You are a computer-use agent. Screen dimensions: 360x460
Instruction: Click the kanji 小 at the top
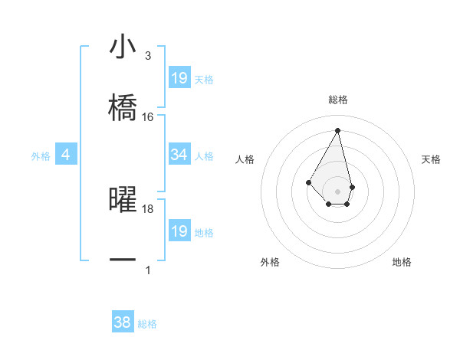pos(123,47)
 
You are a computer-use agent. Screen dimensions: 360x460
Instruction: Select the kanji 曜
pos(123,198)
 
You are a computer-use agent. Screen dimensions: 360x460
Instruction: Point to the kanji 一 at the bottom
pos(123,260)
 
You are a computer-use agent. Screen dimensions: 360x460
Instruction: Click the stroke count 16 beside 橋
pos(148,117)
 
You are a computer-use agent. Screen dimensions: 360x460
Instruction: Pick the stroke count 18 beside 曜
pos(148,208)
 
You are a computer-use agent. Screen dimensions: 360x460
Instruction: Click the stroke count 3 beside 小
pos(148,56)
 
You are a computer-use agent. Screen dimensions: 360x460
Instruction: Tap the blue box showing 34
pos(179,155)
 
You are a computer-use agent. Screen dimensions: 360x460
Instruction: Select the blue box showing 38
pos(123,322)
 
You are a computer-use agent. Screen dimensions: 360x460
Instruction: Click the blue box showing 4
pos(66,155)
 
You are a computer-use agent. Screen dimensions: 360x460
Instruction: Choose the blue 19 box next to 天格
pos(179,78)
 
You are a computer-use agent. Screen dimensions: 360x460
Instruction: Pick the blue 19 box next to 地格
pos(179,231)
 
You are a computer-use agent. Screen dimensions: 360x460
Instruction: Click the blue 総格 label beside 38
pos(147,324)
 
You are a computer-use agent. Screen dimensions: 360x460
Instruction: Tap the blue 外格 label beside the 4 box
pos(41,156)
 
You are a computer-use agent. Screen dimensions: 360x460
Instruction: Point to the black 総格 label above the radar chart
pos(338,100)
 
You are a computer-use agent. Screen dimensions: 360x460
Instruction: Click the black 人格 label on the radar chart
pos(245,159)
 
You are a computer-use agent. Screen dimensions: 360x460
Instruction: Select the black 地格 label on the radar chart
pos(402,262)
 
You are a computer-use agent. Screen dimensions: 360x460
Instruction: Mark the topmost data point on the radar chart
pos(337,129)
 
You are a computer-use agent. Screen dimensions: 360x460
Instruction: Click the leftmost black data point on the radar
pos(308,182)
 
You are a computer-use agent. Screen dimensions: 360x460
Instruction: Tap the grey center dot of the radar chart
pos(337,191)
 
